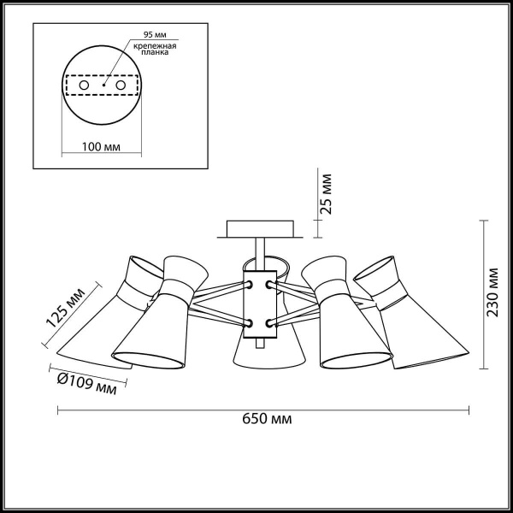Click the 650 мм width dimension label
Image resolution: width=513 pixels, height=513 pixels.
[267, 419]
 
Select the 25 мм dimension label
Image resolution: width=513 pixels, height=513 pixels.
[326, 195]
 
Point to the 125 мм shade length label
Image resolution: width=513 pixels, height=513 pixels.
[65, 309]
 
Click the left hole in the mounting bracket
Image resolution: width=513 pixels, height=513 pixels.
[83, 86]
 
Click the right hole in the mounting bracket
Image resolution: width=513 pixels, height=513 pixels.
[121, 86]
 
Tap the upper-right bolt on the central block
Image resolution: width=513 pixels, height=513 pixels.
[270, 283]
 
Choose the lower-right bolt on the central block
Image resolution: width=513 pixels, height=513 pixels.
[270, 322]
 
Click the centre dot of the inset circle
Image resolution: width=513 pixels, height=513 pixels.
[103, 86]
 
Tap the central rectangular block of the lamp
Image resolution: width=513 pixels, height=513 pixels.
[259, 304]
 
